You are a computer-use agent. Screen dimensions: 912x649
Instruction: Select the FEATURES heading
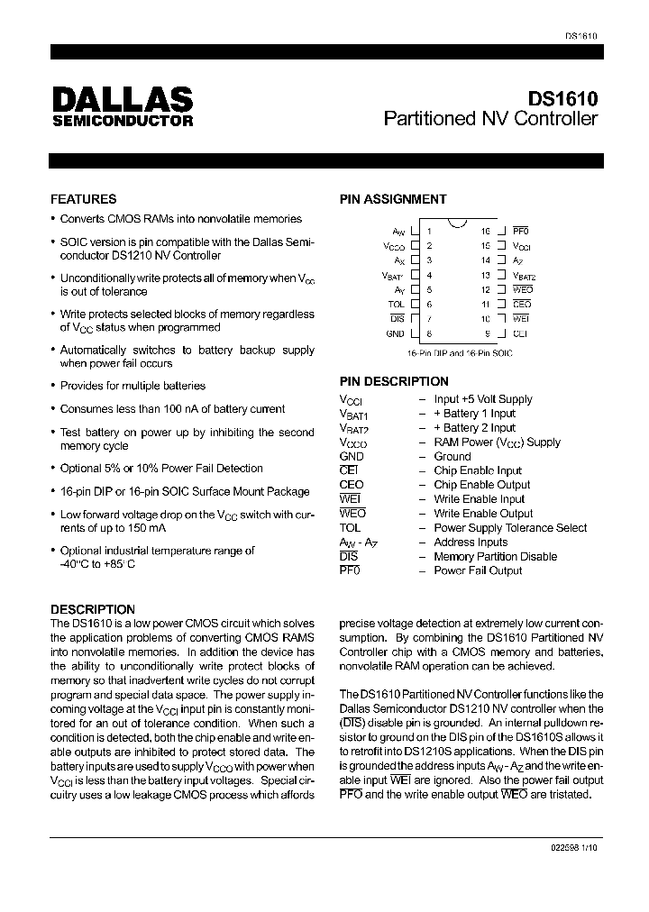tap(84, 199)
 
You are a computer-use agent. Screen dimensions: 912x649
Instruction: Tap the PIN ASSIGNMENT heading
tap(392, 199)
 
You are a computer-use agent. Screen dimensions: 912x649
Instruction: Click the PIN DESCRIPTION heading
tap(394, 381)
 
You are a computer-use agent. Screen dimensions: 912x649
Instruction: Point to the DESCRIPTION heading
tap(93, 609)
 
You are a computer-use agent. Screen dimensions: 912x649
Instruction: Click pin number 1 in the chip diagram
tap(430, 231)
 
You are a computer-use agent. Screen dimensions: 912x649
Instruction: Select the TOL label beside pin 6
tap(397, 304)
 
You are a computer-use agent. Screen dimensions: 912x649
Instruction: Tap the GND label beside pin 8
tap(396, 333)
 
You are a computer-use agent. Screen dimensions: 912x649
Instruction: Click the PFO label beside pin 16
tap(522, 231)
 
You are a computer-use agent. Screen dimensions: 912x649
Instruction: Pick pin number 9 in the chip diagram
tap(488, 333)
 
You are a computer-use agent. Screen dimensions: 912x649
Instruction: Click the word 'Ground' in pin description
tap(452, 456)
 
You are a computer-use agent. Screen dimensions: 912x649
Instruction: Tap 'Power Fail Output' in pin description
tap(478, 570)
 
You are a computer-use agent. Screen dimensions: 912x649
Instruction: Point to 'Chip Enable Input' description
tap(478, 470)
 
